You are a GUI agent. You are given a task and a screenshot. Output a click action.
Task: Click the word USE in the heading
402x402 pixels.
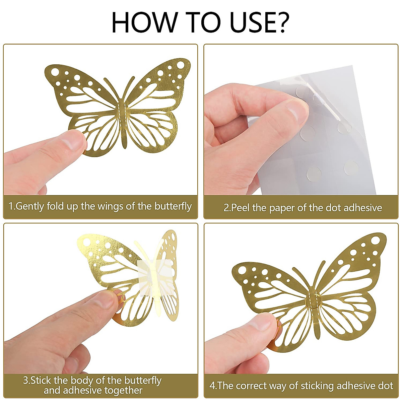click(x=241, y=22)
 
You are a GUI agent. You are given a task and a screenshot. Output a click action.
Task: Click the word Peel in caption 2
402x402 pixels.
click(x=241, y=208)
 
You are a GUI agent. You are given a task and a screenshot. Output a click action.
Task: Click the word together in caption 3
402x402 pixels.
click(x=123, y=391)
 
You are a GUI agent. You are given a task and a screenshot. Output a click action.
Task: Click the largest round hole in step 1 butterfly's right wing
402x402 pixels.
click(x=180, y=65)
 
